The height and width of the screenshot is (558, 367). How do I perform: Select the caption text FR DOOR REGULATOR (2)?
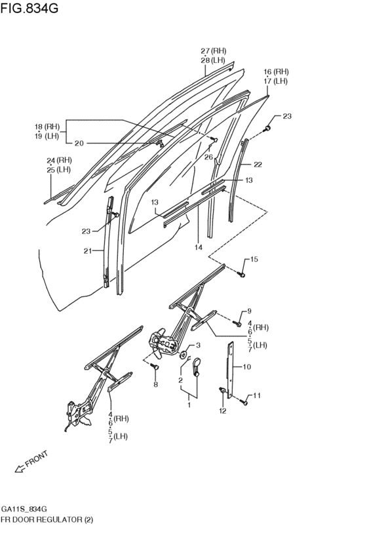tap(47, 519)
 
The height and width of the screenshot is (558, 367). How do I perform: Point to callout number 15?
tap(254, 260)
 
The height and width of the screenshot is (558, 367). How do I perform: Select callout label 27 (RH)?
tap(214, 51)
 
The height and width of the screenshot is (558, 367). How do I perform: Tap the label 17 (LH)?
tap(276, 81)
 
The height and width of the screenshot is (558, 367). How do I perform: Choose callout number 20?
tap(79, 142)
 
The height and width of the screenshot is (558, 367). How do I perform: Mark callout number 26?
tap(208, 157)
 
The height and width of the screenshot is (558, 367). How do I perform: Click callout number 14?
tap(197, 248)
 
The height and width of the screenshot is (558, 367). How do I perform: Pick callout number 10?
tap(247, 367)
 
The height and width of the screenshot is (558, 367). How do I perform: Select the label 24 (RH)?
tap(59, 160)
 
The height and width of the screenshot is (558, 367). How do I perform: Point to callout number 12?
tap(222, 410)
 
